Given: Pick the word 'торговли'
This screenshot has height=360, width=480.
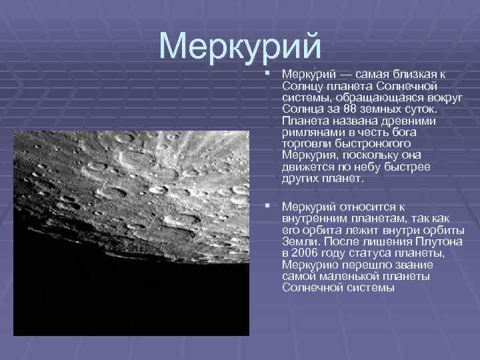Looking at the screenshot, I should tap(304, 143).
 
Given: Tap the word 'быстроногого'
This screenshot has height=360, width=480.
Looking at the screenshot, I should tap(363, 143).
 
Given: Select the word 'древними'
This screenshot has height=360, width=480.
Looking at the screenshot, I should tap(413, 120).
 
